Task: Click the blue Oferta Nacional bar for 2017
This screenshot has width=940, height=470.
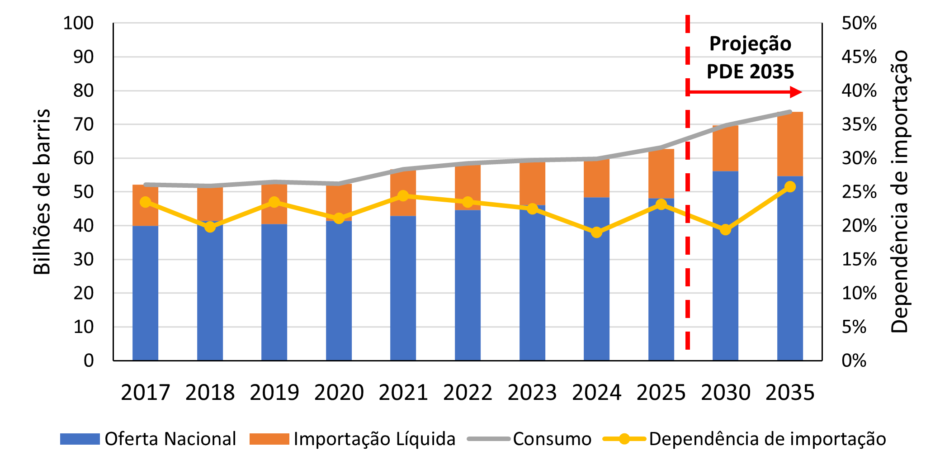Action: coord(145,293)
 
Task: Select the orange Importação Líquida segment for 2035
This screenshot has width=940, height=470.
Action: coord(789,144)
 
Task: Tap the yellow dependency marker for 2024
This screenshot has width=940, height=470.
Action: coord(596,232)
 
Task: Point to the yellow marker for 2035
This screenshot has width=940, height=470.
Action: coord(789,187)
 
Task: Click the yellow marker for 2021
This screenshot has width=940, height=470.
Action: coord(403,196)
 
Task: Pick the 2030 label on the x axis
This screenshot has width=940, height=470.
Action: coord(725,392)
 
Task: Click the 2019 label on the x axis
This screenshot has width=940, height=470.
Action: coord(274,392)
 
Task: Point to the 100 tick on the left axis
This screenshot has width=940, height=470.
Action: coord(78,23)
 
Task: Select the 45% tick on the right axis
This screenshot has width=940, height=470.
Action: coord(859,57)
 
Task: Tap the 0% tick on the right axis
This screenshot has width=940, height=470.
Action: coord(854,361)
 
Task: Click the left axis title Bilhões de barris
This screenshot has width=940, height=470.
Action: coord(42,192)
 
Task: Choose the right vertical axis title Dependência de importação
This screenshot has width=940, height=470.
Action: coord(899,192)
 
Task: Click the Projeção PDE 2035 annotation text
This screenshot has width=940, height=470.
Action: coord(750,57)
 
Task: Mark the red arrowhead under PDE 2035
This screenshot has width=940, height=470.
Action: coord(796,92)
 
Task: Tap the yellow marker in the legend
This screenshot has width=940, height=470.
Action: coord(624,439)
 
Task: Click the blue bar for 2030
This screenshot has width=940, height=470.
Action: coord(725,266)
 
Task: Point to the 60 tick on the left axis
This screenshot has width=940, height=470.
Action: coord(83,158)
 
